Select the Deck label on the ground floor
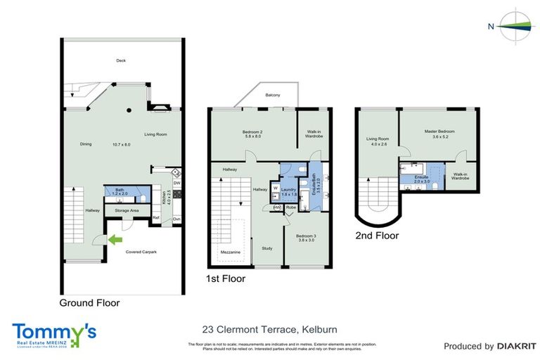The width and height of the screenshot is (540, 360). click(122, 60)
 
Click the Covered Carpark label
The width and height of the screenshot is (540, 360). click(141, 251)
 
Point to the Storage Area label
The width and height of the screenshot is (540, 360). click(127, 210)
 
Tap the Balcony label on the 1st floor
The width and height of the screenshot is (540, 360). click(274, 95)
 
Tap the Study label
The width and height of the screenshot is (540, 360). click(267, 247)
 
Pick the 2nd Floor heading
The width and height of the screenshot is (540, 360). click(377, 236)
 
